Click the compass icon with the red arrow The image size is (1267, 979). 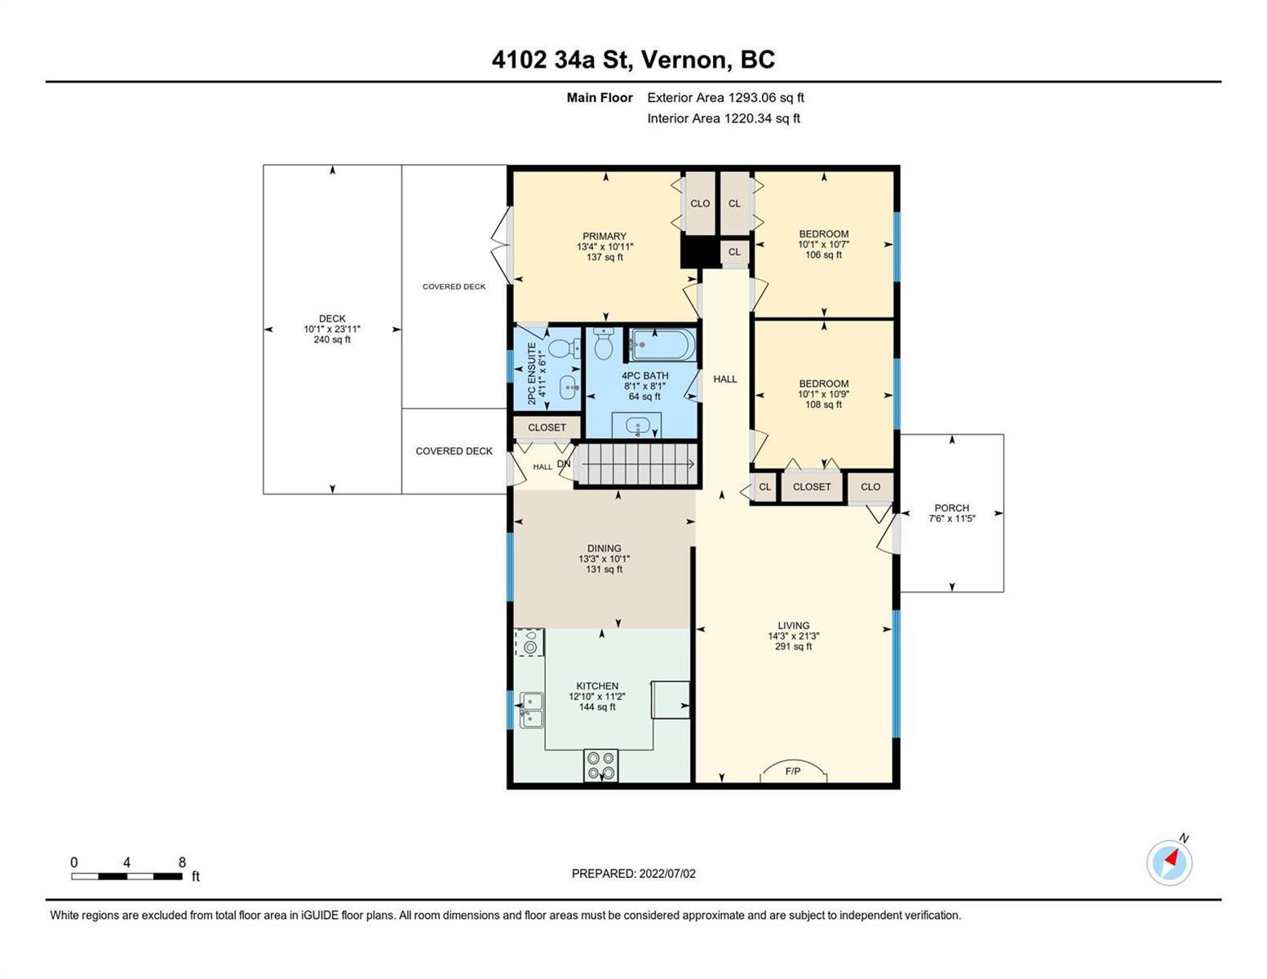pyautogui.click(x=1168, y=863)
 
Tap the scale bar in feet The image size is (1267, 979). pyautogui.click(x=127, y=875)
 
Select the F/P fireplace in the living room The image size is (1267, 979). pyautogui.click(x=793, y=772)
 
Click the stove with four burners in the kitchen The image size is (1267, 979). pyautogui.click(x=600, y=765)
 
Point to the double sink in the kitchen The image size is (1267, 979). pyautogui.click(x=531, y=711)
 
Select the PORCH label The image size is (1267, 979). pyautogui.click(x=951, y=508)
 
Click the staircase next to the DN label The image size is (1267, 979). pyautogui.click(x=636, y=464)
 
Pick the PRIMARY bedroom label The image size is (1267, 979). pyautogui.click(x=605, y=236)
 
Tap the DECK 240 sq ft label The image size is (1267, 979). pyautogui.click(x=332, y=329)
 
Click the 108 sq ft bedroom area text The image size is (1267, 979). pyautogui.click(x=823, y=405)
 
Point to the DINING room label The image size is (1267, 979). pyautogui.click(x=604, y=548)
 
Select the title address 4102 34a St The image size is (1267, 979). pyautogui.click(x=562, y=60)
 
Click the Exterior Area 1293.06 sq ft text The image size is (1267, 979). pyautogui.click(x=725, y=98)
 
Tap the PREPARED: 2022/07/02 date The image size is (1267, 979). pyautogui.click(x=633, y=874)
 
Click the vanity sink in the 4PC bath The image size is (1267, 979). pyautogui.click(x=636, y=425)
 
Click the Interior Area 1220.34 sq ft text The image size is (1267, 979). pyautogui.click(x=724, y=118)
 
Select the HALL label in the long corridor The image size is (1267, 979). pyautogui.click(x=724, y=379)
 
